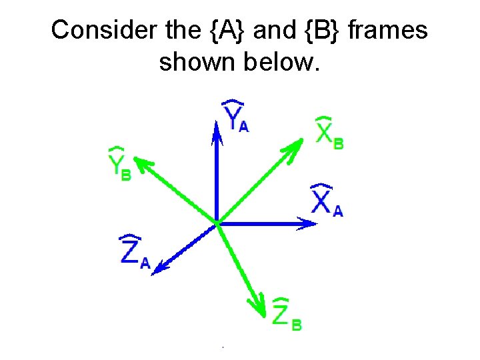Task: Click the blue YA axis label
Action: pos(236,116)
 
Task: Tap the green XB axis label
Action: pos(329,133)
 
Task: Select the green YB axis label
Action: pos(119,165)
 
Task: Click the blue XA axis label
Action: pos(327,200)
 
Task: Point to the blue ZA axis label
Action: pos(133,251)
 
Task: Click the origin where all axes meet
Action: pos(217,223)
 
